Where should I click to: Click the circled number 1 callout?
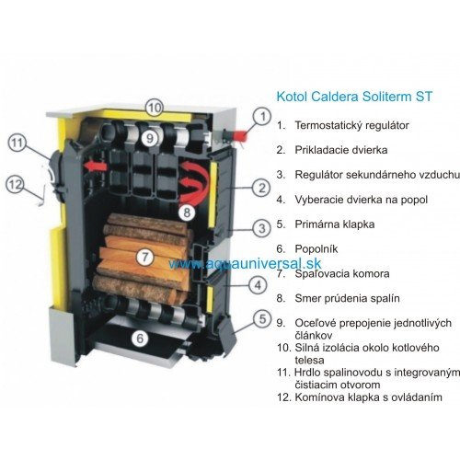click(x=262, y=117)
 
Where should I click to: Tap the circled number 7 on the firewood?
click(x=144, y=256)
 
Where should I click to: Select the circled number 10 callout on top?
click(x=155, y=108)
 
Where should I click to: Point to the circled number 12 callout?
click(x=16, y=184)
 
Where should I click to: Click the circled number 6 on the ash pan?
click(x=140, y=339)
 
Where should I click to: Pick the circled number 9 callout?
click(x=150, y=138)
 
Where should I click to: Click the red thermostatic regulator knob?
click(x=239, y=135)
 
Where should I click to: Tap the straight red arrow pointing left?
click(x=96, y=167)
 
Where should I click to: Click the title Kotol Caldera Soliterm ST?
click(x=354, y=97)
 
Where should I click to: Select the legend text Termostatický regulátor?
click(x=351, y=125)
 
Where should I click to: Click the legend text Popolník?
click(x=316, y=248)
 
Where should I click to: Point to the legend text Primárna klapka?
click(x=335, y=224)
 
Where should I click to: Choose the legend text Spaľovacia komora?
click(x=342, y=273)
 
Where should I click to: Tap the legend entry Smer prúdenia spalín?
click(x=347, y=298)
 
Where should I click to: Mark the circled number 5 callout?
click(x=262, y=319)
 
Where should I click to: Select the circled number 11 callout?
click(x=17, y=143)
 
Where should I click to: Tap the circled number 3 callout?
click(x=261, y=228)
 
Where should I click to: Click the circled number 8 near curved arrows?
click(x=187, y=213)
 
